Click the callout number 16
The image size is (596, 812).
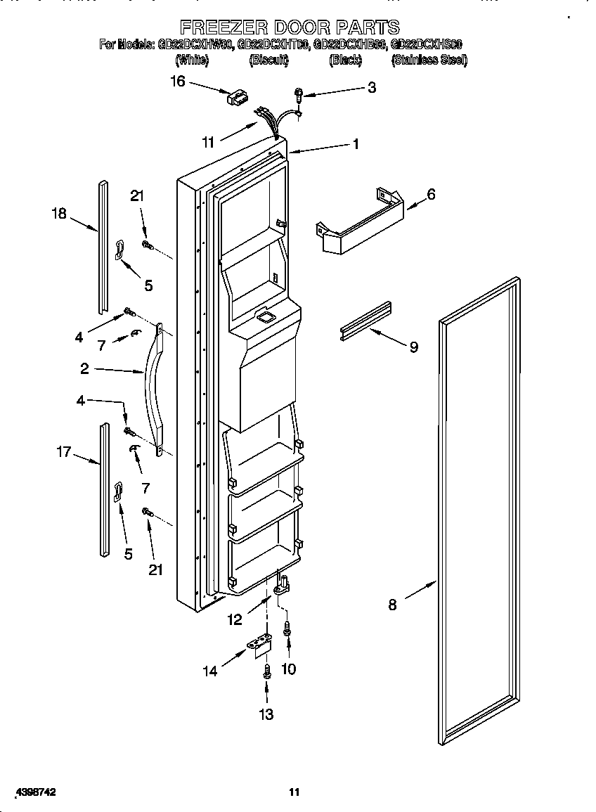pos(177,82)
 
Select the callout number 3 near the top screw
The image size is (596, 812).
pos(371,87)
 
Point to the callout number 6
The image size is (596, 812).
pos(430,194)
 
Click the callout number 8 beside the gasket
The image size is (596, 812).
pos(392,604)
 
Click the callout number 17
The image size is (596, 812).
pos(64,451)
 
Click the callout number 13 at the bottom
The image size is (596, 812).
pos(266,715)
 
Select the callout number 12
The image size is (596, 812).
pos(234,619)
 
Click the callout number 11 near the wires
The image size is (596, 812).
pos(207,142)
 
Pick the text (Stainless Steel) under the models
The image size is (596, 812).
pos(429,60)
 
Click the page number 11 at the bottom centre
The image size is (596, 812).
pos(294,792)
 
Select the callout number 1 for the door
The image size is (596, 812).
pos(356,144)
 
